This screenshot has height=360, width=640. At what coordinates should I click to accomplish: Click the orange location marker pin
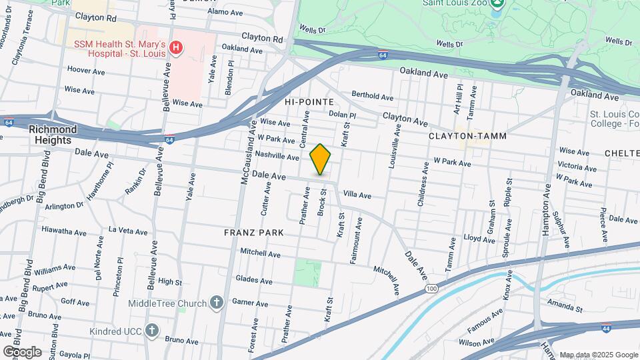(321, 159)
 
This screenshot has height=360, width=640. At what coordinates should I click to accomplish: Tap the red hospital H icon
(176, 47)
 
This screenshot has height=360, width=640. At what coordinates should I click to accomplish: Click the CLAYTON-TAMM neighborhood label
(467, 136)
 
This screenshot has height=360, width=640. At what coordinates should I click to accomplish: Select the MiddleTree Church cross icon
(216, 303)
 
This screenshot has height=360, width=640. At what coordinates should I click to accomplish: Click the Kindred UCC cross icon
(152, 330)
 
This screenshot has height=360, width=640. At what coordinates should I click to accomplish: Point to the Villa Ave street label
(357, 195)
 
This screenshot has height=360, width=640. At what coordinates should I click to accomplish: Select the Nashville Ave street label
(277, 157)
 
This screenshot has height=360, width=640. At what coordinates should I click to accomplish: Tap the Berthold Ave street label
(373, 96)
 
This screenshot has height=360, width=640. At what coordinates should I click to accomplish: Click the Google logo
(22, 351)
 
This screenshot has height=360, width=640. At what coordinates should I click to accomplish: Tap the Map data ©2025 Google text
(599, 355)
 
